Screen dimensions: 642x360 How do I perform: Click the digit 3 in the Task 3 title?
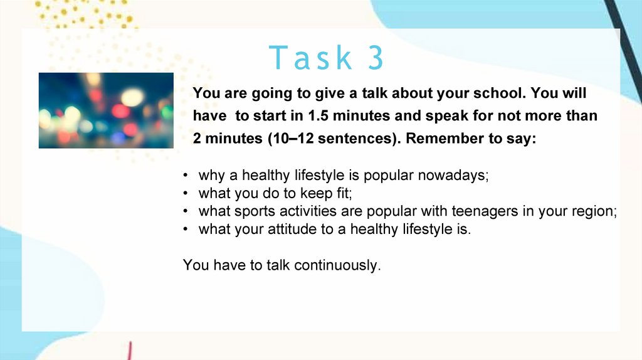click(376, 57)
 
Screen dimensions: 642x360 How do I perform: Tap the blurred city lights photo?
click(106, 110)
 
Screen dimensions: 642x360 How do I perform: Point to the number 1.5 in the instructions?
click(318, 115)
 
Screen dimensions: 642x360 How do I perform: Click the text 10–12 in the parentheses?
click(293, 139)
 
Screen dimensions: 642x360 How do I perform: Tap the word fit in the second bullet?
click(344, 193)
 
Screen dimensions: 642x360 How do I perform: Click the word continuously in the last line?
click(337, 265)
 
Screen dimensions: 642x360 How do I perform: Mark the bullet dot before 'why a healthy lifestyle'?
click(186, 176)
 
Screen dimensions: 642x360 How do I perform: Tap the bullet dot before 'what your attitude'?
click(186, 230)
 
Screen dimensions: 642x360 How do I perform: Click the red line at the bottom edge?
click(129, 351)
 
